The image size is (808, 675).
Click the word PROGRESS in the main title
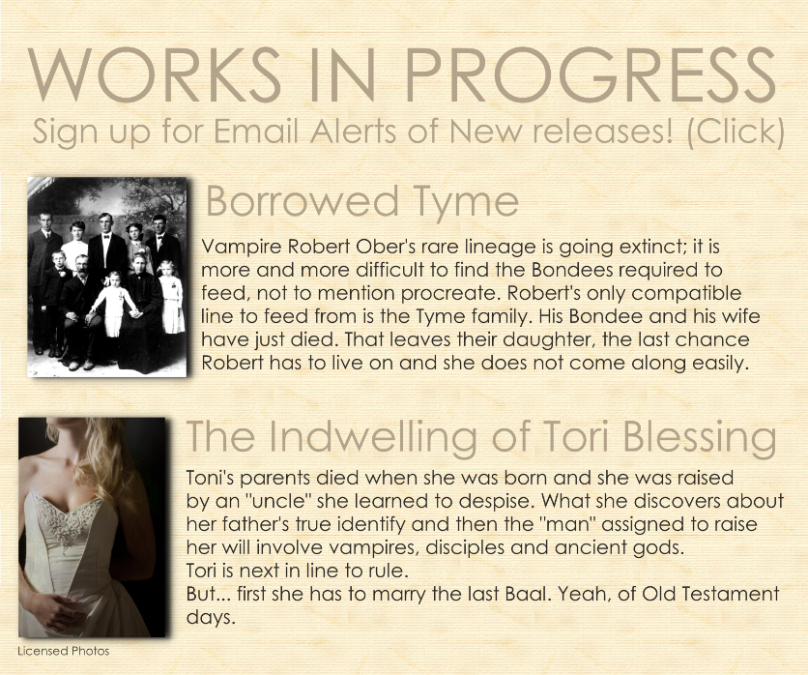590,75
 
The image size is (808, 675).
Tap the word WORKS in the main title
154,75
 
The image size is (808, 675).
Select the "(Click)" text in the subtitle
736,132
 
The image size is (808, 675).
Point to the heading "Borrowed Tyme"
362,201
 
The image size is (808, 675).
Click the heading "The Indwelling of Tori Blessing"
480,437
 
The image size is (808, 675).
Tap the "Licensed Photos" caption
64,651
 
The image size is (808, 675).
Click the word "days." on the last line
211,618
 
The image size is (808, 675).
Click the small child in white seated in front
114,305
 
